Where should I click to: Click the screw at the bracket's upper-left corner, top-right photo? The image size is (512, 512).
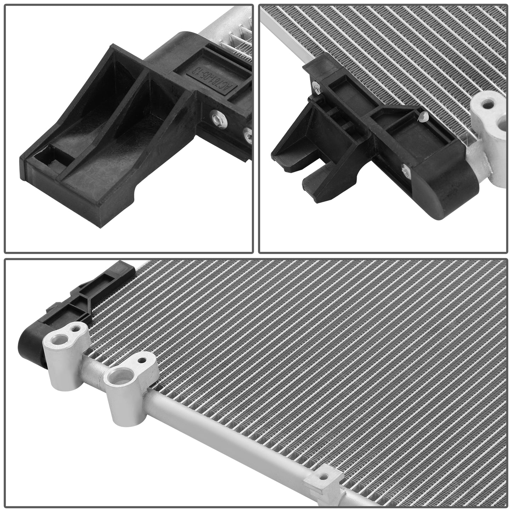point(315,85)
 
